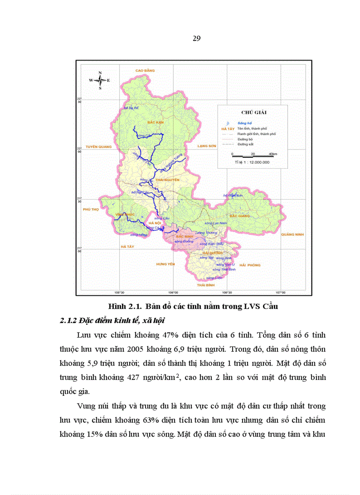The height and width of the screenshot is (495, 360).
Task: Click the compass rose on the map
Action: [100, 80]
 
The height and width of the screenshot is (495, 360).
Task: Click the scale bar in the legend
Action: [254, 156]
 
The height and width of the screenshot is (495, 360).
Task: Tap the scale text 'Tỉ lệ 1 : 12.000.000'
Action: [252, 163]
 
